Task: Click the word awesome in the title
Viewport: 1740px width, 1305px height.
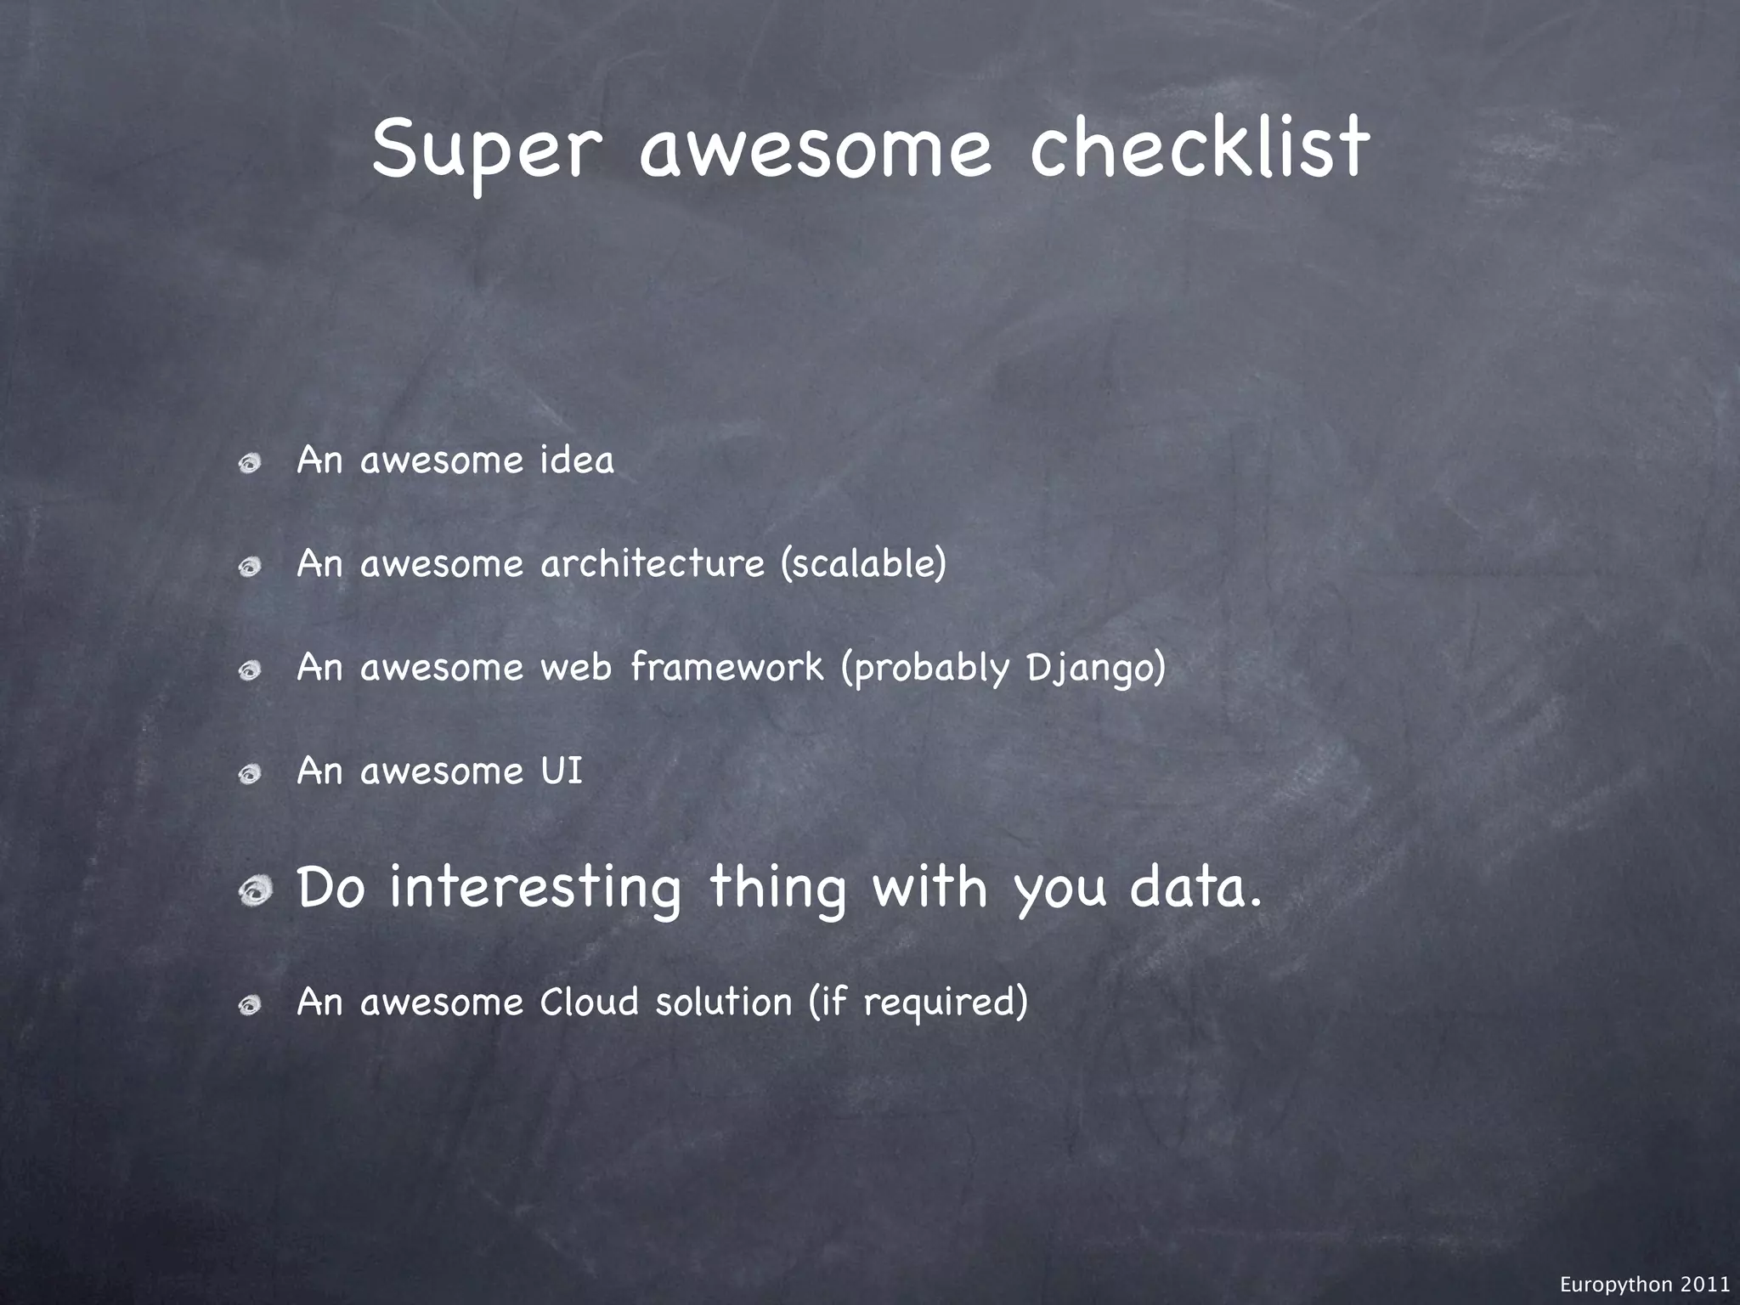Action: (815, 150)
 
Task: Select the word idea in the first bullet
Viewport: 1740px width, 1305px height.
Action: (577, 460)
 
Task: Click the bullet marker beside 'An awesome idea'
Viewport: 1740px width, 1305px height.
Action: (249, 464)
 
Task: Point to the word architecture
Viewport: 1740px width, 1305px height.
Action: (652, 564)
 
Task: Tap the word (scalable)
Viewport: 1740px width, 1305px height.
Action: (863, 564)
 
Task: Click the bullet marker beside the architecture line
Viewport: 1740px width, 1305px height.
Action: (249, 568)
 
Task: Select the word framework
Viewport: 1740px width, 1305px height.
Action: (727, 667)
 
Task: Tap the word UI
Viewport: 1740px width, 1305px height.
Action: (562, 771)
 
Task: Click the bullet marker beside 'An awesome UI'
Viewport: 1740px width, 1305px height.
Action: (249, 775)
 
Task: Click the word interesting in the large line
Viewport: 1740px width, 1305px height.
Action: (535, 889)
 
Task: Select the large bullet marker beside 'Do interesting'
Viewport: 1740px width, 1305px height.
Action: (254, 892)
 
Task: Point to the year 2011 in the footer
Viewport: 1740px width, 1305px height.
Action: (1704, 1285)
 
